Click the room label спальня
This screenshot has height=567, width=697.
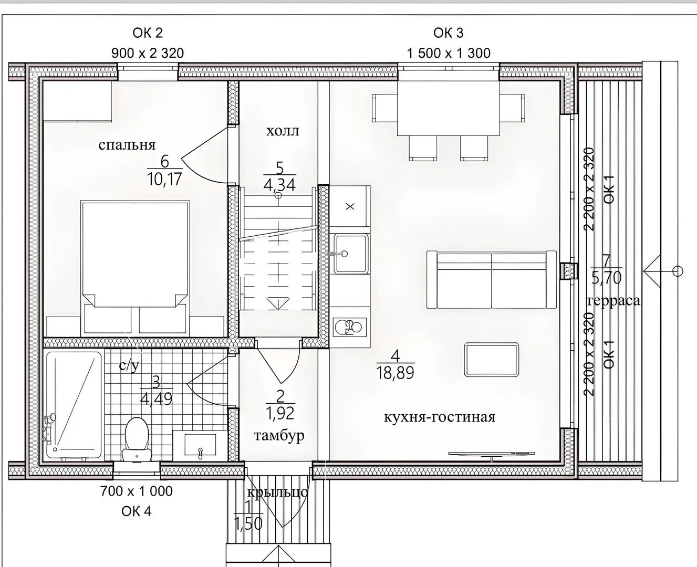[127, 145]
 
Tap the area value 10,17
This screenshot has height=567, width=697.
[164, 179]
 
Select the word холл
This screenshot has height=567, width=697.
[283, 131]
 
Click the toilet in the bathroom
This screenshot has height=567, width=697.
[137, 439]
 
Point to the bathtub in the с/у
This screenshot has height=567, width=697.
[74, 405]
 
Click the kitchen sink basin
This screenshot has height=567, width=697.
[350, 254]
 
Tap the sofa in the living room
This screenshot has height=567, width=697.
[491, 280]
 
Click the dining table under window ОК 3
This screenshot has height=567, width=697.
[449, 108]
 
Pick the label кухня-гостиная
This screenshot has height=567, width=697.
[440, 417]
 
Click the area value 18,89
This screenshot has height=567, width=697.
[396, 373]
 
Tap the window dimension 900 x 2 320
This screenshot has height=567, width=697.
[148, 53]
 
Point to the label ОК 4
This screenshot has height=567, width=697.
[137, 511]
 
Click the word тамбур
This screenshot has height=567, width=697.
[279, 436]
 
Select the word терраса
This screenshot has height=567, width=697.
[613, 300]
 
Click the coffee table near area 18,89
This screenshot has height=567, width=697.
[491, 359]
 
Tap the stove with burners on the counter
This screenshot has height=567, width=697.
[350, 327]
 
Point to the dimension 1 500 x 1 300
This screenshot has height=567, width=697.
[449, 53]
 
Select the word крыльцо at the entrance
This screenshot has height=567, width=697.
[277, 492]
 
